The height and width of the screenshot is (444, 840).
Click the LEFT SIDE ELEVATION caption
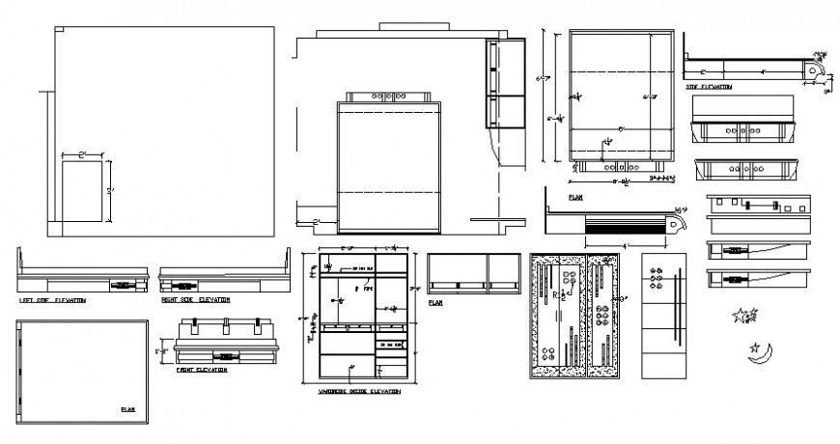(52, 300)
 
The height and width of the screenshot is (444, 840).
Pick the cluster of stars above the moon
(744, 315)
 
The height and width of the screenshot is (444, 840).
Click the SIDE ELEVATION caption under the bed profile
(709, 87)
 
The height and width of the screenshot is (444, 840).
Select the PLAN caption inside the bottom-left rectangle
(127, 409)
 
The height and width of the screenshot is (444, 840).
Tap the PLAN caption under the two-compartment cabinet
(435, 302)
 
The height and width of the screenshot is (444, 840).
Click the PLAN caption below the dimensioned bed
(575, 196)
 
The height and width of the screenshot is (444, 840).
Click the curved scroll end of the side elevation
(816, 71)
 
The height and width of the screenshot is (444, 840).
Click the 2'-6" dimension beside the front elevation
(159, 352)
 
